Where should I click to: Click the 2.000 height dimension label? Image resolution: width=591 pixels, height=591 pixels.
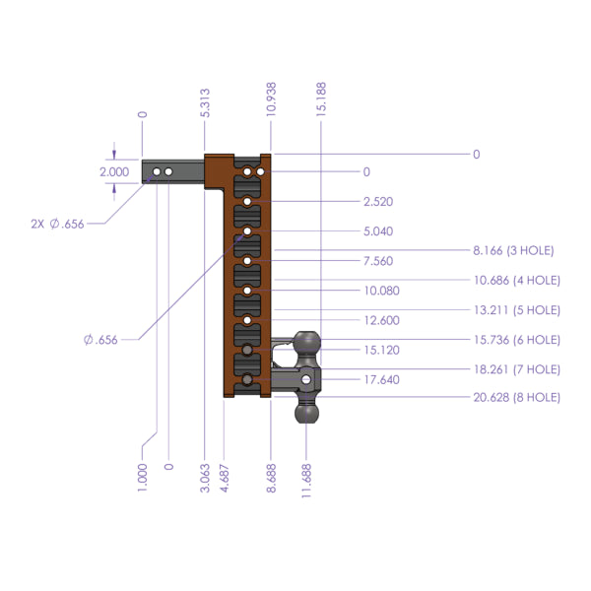pos(114,171)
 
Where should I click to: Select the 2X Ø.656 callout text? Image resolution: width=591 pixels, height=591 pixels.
pos(56,224)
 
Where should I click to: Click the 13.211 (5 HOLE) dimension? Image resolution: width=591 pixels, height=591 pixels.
pos(516,309)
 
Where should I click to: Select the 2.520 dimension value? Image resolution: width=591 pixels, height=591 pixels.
pos(378,201)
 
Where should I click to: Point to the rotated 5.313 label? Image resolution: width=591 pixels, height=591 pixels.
pos(205,103)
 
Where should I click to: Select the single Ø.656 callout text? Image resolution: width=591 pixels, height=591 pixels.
pos(100,340)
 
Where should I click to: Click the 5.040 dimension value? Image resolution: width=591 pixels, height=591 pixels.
pos(378,231)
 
